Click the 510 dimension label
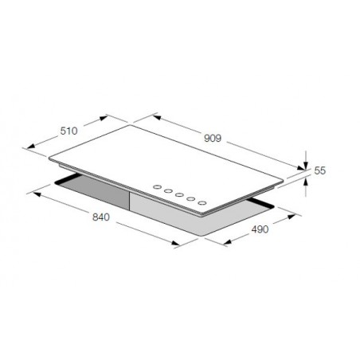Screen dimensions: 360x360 point(68,131)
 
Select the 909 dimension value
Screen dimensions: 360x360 point(213,139)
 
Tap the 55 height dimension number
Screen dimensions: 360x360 point(319,170)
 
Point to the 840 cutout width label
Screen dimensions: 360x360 point(101,217)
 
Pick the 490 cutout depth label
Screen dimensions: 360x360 point(260,229)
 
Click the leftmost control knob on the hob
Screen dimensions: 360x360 point(157,187)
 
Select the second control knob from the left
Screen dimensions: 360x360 point(168,191)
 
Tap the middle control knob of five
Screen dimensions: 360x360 point(179,195)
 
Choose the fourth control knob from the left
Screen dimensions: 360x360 point(190,199)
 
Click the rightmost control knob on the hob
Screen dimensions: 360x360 point(202,203)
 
